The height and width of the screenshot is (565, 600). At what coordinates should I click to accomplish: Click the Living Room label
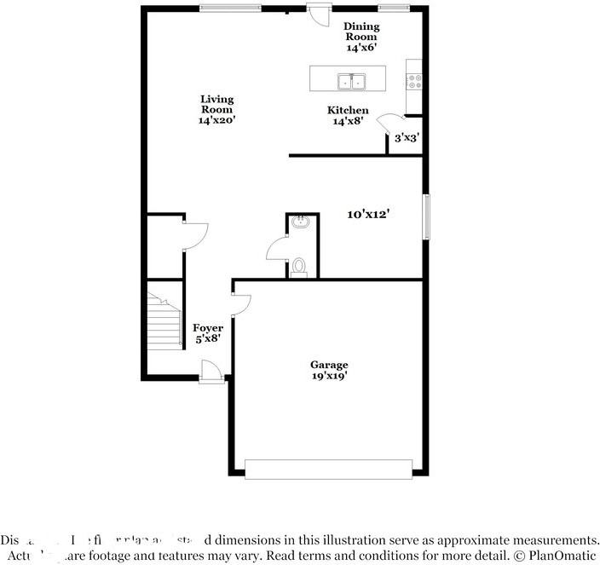click(216, 110)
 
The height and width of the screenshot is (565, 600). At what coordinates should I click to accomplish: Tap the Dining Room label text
click(361, 37)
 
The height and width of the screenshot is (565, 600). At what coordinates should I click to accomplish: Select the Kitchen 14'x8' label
click(349, 116)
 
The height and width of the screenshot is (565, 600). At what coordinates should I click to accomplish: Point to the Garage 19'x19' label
click(329, 370)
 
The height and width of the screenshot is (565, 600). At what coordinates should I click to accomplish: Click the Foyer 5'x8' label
click(208, 334)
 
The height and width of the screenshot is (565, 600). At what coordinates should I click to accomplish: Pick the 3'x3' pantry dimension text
click(404, 137)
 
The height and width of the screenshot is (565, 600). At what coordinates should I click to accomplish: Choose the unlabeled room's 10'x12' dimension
click(368, 215)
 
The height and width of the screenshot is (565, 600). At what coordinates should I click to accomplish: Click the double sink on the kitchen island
click(352, 82)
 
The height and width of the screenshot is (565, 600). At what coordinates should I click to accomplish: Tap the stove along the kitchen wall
click(415, 82)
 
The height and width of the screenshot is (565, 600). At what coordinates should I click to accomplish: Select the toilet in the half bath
click(299, 267)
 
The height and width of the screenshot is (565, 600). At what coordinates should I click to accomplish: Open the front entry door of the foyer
click(210, 371)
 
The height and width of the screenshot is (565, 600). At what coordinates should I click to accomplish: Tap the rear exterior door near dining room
click(320, 14)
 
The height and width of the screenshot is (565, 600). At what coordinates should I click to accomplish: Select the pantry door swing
click(392, 124)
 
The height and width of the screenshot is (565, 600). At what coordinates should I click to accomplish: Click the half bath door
click(278, 249)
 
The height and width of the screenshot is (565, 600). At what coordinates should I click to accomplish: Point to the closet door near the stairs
click(193, 235)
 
